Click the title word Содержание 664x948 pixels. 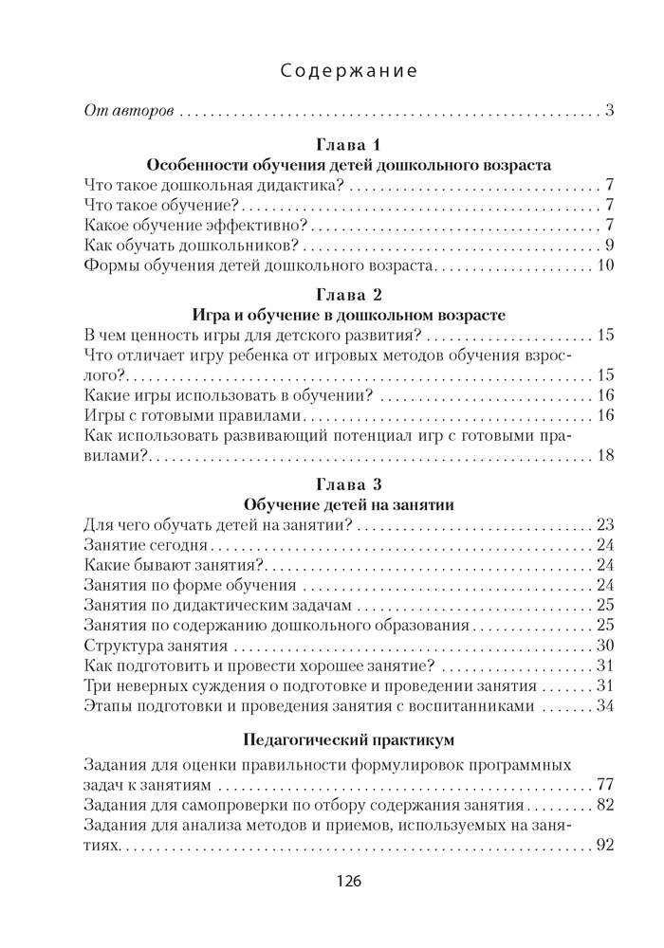tap(351, 71)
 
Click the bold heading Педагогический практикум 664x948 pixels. tap(349, 738)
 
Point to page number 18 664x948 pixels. tap(606, 456)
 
